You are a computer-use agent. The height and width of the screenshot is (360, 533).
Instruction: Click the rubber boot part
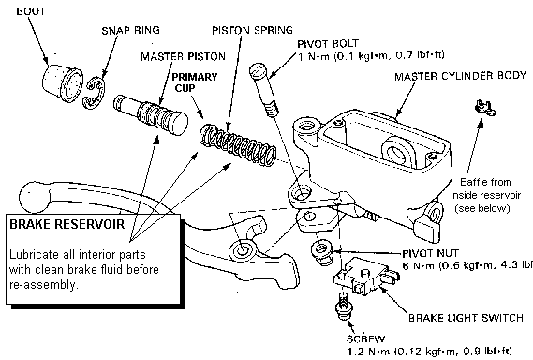[63, 82]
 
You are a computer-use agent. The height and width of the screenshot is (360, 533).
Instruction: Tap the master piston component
[151, 114]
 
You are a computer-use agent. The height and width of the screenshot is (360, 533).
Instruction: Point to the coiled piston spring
[238, 144]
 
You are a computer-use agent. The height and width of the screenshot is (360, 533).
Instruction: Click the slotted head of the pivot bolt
[258, 70]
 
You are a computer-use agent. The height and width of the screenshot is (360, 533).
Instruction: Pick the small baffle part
[484, 107]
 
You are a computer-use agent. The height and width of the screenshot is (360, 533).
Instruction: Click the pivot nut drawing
[321, 252]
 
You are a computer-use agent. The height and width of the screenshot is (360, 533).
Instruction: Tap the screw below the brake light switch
[344, 307]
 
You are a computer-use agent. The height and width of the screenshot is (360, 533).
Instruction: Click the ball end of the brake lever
[34, 197]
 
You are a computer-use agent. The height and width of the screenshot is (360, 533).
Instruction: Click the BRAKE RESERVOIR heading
[67, 224]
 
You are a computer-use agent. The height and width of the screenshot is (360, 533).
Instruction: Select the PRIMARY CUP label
[194, 82]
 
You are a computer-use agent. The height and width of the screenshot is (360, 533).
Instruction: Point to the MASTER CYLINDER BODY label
[460, 76]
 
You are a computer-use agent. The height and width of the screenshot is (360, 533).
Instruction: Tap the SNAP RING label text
[131, 30]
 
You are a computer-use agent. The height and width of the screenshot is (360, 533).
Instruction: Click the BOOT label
[31, 11]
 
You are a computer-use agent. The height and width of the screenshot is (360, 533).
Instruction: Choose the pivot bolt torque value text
[371, 55]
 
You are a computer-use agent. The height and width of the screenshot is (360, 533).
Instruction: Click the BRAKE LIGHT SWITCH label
[466, 318]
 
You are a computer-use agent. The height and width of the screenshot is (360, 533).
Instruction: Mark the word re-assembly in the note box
[43, 285]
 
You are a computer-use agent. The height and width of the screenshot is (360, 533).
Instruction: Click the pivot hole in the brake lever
[242, 250]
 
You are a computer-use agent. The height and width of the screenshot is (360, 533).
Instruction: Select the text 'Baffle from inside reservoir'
[485, 188]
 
